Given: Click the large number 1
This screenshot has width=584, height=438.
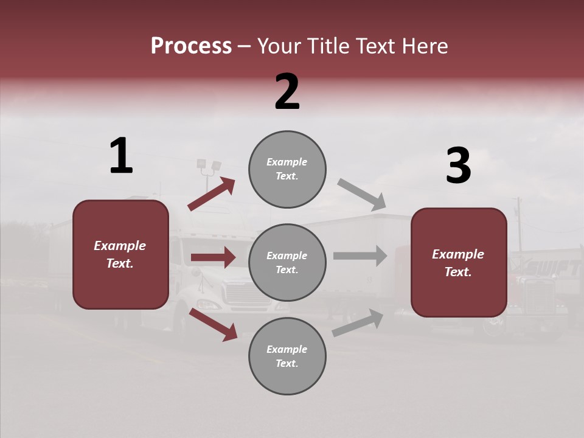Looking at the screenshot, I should [121, 156].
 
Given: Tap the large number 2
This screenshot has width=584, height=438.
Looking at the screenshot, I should [287, 92].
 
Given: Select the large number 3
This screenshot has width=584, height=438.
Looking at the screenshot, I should [458, 166].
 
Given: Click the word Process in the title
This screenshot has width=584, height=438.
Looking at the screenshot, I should [191, 46].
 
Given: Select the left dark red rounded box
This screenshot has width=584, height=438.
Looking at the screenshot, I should [120, 254].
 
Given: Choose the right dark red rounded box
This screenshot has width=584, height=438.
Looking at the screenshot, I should [459, 262].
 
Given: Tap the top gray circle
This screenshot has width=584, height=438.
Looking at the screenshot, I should [287, 169].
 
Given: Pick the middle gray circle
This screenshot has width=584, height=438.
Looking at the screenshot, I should [287, 262].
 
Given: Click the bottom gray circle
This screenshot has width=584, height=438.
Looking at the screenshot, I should [287, 356].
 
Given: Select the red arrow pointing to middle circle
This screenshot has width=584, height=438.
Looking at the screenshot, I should [213, 257].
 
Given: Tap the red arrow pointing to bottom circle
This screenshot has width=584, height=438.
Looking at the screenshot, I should [213, 324].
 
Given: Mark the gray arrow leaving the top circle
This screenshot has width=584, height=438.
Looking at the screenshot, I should [362, 195].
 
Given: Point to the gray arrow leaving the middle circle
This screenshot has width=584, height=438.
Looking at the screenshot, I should [360, 256].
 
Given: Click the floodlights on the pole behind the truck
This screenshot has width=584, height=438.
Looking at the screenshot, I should [209, 165].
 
